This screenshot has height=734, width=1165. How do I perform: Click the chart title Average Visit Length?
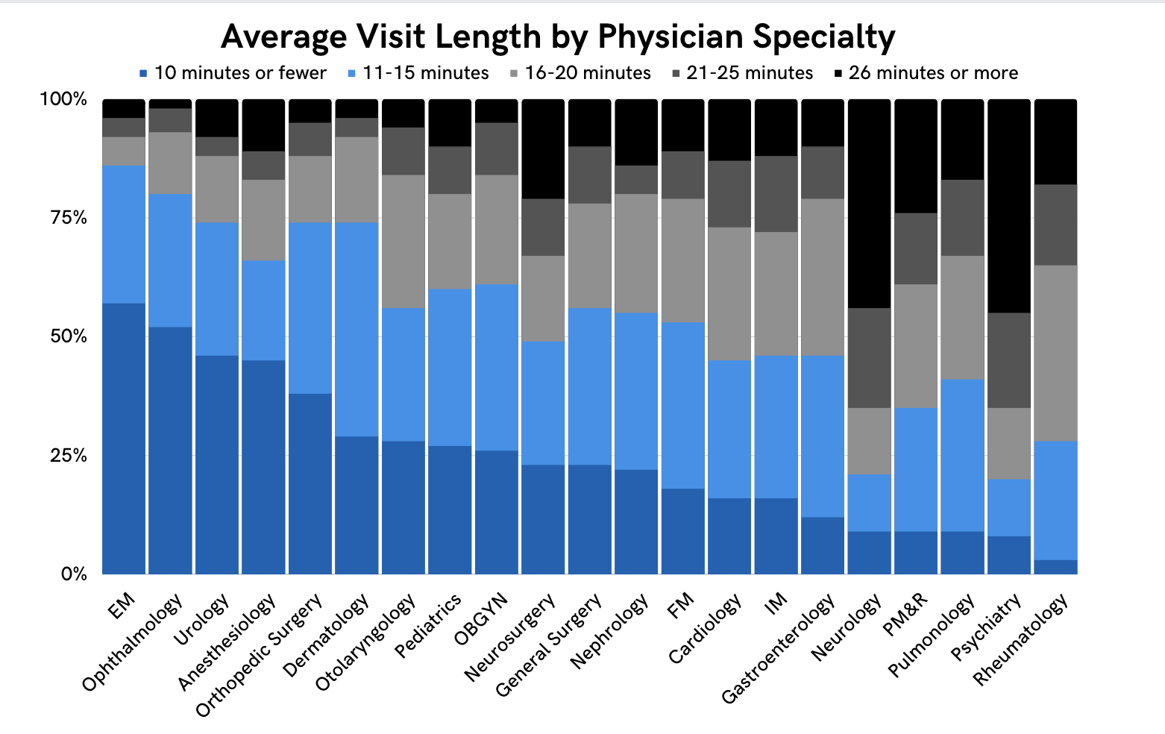point(558,37)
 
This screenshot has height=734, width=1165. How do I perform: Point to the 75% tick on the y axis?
point(63,218)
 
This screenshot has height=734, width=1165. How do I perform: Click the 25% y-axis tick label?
point(63,456)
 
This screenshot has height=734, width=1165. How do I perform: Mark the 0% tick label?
point(73,574)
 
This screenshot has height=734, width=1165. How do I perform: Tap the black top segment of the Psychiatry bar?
point(1008,206)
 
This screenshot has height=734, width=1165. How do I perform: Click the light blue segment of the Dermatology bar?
point(357,329)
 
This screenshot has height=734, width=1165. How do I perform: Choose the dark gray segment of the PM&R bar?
point(916,248)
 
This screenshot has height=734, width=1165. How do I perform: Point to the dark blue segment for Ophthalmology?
point(170,451)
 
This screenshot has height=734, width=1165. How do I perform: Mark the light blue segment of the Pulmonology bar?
point(962,455)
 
